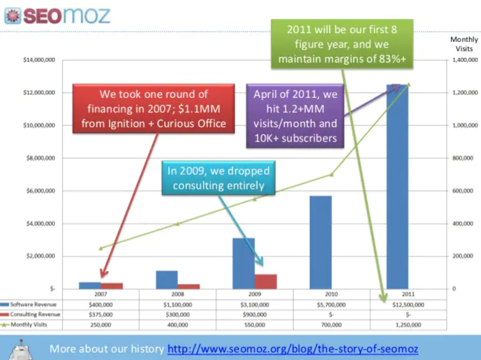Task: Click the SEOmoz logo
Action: click(57, 15)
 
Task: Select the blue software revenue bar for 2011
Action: click(397, 188)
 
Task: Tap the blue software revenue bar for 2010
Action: click(321, 242)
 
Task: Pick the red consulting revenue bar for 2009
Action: click(265, 281)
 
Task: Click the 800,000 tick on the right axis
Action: click(463, 158)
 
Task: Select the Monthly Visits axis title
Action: click(464, 44)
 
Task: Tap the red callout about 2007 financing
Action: click(154, 109)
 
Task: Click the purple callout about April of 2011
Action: click(295, 115)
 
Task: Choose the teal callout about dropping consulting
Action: click(218, 178)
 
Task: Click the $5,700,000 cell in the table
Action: click(331, 305)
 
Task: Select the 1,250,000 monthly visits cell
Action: click(408, 324)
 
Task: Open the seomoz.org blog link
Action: click(293, 349)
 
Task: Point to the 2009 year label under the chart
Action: click(255, 294)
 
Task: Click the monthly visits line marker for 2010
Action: click(331, 175)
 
